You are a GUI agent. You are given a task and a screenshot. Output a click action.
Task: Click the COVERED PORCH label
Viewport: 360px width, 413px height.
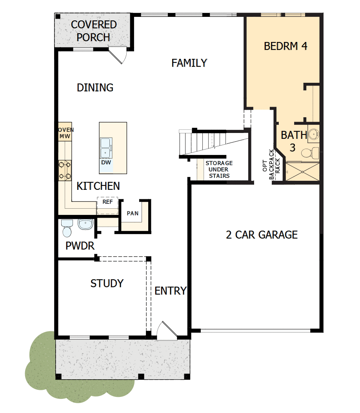tap(94, 31)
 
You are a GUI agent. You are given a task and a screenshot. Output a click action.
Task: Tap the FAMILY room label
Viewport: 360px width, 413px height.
tap(189, 63)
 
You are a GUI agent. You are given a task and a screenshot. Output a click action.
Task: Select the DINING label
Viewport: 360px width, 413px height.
tap(95, 87)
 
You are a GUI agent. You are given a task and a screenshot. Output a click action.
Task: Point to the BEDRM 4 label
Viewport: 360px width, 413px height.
tap(285, 46)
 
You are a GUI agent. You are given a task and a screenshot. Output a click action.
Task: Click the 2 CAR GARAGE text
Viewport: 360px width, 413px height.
tap(262, 235)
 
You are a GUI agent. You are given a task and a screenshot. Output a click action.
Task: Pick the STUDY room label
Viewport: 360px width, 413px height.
tap(107, 283)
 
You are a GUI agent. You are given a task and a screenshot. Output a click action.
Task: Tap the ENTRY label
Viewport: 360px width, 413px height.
tap(170, 291)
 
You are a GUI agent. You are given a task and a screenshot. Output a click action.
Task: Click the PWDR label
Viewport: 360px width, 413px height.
tap(80, 246)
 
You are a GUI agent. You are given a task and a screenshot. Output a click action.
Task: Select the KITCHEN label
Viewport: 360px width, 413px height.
tap(98, 186)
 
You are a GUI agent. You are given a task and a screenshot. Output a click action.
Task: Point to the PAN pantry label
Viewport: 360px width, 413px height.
tap(133, 213)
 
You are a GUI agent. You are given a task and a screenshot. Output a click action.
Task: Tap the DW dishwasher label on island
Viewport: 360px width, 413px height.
tap(106, 162)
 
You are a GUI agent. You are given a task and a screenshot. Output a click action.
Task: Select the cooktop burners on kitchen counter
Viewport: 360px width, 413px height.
tap(65, 171)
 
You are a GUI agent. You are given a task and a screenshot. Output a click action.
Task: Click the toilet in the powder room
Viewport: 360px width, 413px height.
tap(67, 229)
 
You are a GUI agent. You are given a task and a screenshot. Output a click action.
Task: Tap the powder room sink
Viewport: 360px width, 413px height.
tap(85, 224)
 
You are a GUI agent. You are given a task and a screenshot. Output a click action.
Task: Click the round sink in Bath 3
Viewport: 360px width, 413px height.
tap(313, 134)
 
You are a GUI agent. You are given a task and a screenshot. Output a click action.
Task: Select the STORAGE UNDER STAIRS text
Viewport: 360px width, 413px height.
tap(219, 169)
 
